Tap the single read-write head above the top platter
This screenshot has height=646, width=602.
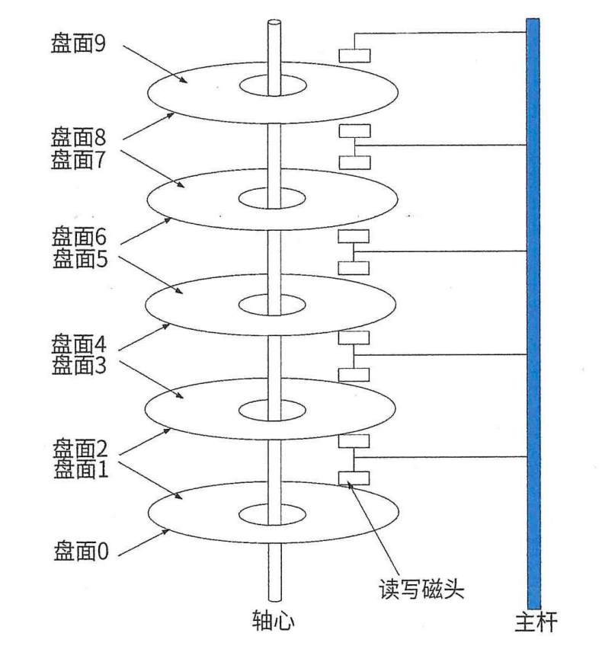[x=354, y=56]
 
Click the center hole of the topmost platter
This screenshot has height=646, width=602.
[x=274, y=86]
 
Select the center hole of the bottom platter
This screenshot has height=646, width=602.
[x=274, y=512]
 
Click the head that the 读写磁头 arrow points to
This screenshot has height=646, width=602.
[x=354, y=478]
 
